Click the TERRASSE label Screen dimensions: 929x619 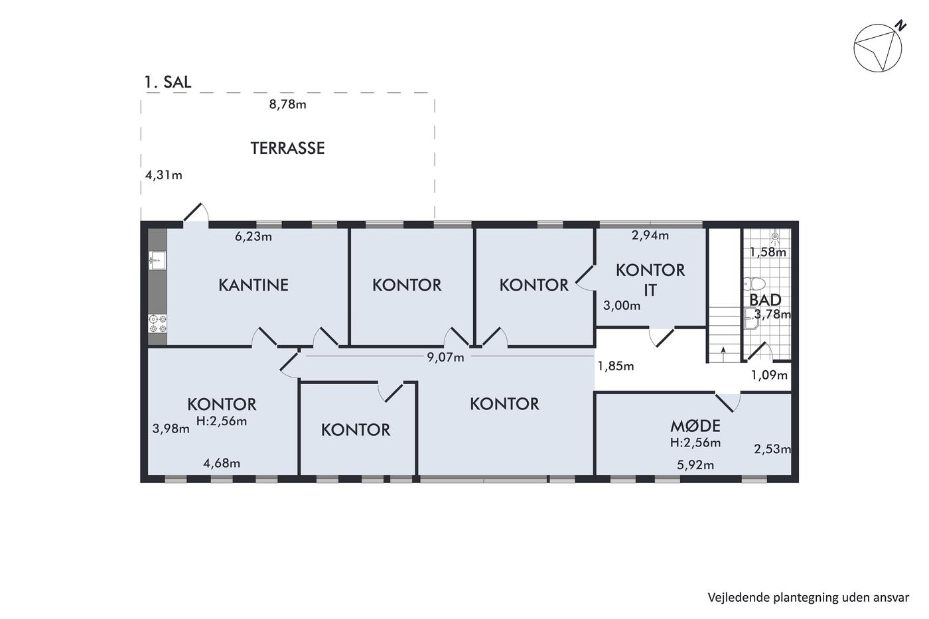(287, 148)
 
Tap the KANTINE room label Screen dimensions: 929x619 (253, 285)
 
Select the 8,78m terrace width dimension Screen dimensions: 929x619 (287, 104)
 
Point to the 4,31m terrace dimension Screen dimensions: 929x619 (163, 175)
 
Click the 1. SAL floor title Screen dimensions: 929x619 (167, 82)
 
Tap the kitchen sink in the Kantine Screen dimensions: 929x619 (157, 260)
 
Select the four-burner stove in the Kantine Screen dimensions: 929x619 (158, 324)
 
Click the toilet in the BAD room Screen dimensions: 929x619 (754, 284)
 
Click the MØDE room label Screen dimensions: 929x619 (695, 426)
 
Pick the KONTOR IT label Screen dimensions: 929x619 (650, 280)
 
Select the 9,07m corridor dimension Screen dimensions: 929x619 (445, 357)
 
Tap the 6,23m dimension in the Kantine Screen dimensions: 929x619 (253, 236)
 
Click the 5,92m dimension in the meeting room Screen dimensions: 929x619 (695, 465)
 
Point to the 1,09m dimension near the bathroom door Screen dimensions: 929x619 (769, 376)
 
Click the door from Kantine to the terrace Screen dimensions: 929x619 (196, 212)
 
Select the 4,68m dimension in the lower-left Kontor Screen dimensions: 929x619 (222, 463)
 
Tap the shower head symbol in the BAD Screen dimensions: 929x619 (775, 238)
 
